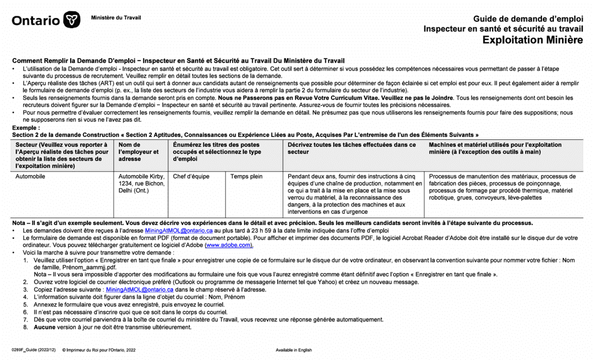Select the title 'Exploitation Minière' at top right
[532, 40]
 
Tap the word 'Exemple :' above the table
[26, 127]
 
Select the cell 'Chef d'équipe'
[191, 177]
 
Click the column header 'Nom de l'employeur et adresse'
[139, 152]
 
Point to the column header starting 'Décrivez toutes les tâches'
[351, 148]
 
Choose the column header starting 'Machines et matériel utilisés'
[495, 148]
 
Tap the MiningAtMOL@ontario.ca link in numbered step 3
[139, 290]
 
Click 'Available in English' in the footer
[294, 351]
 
